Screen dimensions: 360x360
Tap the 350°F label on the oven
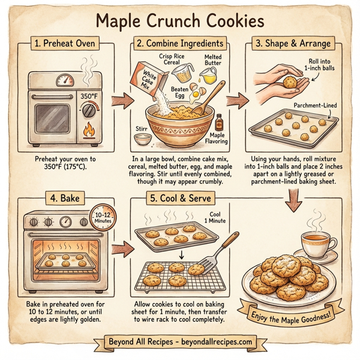pyautogui.click(x=89, y=95)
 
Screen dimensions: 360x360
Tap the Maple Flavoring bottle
pyautogui.click(x=216, y=124)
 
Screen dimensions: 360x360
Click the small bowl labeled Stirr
pyautogui.click(x=142, y=140)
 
